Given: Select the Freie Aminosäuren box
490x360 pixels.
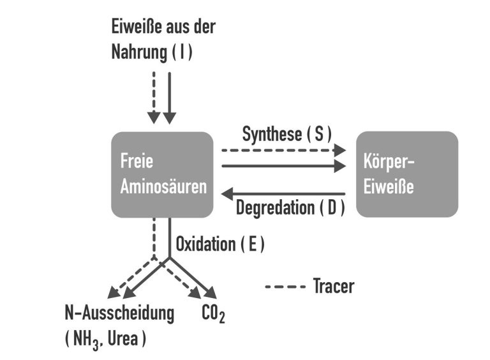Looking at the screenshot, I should [162, 174].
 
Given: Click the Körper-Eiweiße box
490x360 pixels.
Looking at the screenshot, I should [406, 174].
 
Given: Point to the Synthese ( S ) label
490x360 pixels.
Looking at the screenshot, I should [288, 135].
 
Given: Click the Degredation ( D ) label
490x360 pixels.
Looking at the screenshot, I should [290, 208].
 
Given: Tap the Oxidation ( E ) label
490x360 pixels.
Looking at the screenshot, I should [219, 244].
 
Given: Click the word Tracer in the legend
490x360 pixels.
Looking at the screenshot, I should [333, 287].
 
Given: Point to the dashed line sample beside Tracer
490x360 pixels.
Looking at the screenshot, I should [285, 287].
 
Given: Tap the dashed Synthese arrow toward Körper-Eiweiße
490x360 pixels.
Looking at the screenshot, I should [283, 151].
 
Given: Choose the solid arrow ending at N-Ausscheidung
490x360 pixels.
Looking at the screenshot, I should [144, 279].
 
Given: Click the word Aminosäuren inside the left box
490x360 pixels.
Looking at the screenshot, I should [163, 187].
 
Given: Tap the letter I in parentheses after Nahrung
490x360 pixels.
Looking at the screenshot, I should [182, 53].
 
